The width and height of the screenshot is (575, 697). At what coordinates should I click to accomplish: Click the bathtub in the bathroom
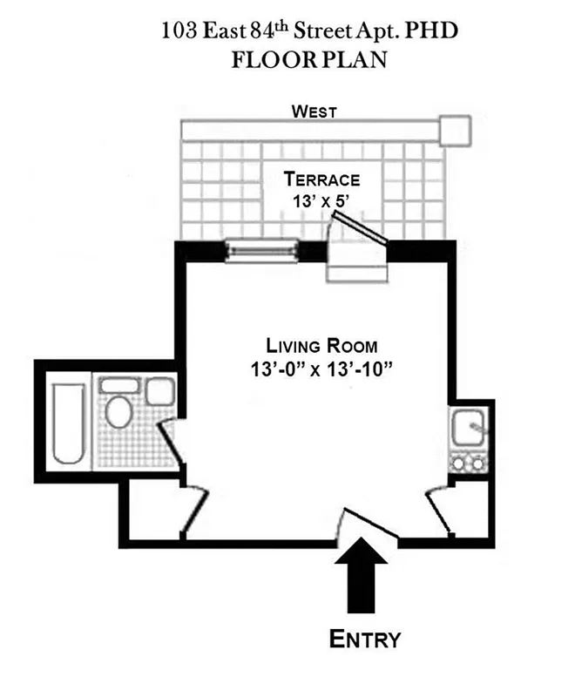pyautogui.click(x=67, y=422)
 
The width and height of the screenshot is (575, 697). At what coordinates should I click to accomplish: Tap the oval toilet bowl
pyautogui.click(x=118, y=410)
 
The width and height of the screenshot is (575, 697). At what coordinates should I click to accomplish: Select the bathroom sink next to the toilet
pyautogui.click(x=158, y=391)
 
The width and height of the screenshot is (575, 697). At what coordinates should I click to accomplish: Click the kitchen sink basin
pyautogui.click(x=470, y=428)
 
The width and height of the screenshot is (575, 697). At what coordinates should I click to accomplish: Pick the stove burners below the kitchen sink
pyautogui.click(x=470, y=463)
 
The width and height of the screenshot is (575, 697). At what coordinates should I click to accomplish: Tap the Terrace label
pyautogui.click(x=321, y=180)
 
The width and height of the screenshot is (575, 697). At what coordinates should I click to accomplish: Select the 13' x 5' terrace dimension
pyautogui.click(x=321, y=200)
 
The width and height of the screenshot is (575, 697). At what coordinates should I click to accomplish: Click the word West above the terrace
pyautogui.click(x=315, y=111)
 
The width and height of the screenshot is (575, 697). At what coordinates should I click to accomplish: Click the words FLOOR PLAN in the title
pyautogui.click(x=308, y=62)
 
